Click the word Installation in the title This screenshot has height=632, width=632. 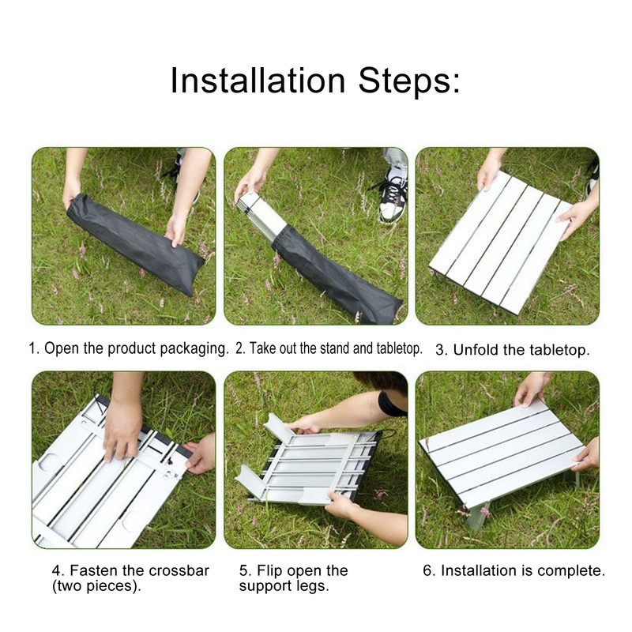coord(258,81)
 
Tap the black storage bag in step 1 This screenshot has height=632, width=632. coord(135,243)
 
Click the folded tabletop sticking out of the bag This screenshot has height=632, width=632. coord(261,216)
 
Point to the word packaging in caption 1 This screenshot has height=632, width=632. coord(194,348)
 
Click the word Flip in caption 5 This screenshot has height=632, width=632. coord(269,571)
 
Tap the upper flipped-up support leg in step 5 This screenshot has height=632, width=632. coord(280,425)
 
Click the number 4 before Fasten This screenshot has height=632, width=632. coord(57,570)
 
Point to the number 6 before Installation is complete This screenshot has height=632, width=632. coord(428,570)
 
